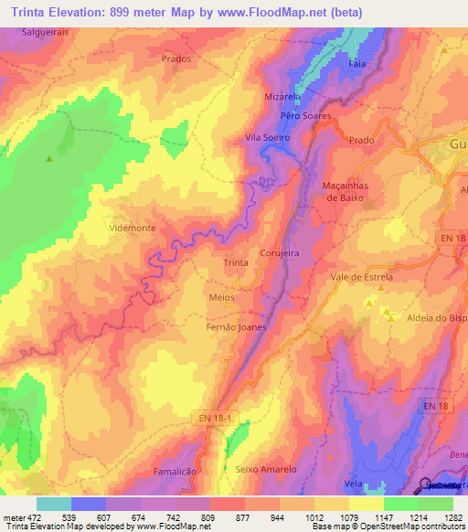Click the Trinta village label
point(236,262)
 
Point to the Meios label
point(221,297)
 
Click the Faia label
point(357,65)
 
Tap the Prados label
point(175,59)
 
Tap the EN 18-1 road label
point(218,418)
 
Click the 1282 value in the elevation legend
point(454,517)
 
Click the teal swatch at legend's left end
point(53,504)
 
